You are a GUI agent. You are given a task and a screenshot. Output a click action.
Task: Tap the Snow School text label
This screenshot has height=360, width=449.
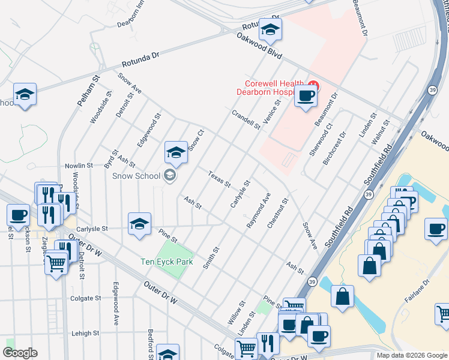[x=136, y=175]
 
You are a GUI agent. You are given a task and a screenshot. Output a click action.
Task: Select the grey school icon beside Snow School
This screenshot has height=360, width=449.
[x=169, y=175]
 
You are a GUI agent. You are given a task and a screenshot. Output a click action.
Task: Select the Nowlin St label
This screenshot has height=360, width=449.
[x=79, y=165]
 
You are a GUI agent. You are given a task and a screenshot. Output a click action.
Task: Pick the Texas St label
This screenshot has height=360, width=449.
[x=219, y=178]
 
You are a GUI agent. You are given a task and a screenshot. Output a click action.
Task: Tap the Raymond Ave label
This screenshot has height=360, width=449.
[x=259, y=210]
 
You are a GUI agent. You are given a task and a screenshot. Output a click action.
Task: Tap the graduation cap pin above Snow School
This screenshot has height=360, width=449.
[x=176, y=152]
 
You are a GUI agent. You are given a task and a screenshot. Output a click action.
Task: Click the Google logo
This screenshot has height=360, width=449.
[x=20, y=353]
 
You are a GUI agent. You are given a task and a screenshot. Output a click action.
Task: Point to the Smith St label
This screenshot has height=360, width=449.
[x=211, y=257]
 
